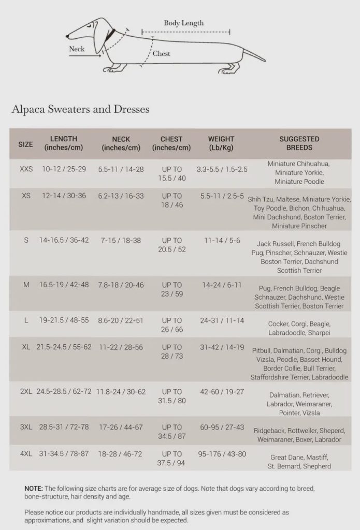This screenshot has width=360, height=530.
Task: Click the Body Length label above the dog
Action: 184,23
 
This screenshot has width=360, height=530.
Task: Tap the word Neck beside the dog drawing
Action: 77,50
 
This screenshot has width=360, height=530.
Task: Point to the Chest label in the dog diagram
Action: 161,53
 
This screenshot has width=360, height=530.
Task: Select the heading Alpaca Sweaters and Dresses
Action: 80,109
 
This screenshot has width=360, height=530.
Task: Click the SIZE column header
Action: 25,144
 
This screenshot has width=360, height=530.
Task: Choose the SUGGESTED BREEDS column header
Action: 299,143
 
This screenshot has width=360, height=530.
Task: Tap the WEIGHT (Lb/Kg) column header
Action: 221,143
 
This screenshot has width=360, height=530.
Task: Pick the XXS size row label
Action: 26,169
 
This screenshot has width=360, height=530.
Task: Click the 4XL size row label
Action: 26,454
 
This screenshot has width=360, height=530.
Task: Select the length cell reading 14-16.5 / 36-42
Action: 64,241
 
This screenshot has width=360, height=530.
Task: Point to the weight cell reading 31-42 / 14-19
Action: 222,347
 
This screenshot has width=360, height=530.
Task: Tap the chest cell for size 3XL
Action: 171,432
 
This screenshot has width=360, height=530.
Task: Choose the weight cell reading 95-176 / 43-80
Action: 222,454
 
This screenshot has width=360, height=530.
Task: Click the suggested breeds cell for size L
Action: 299,328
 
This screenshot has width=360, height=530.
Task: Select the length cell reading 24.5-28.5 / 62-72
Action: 64,392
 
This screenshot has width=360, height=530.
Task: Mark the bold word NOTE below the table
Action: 34,488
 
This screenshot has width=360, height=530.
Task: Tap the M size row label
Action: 26,285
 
